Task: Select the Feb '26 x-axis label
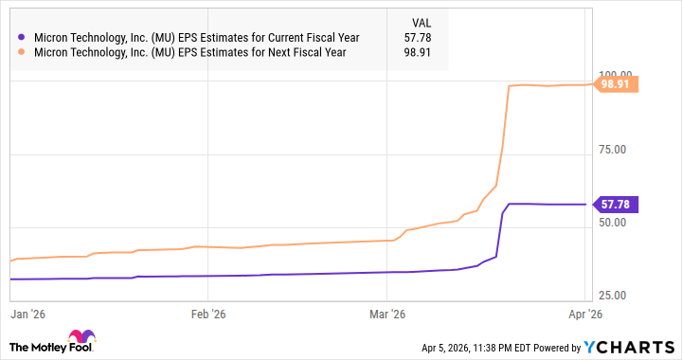point(207,314)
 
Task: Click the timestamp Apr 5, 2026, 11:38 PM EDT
point(482,348)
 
